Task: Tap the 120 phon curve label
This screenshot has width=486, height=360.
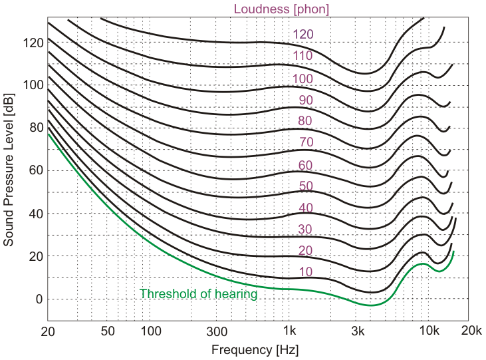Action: tap(303, 35)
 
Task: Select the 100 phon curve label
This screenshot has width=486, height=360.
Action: tap(303, 79)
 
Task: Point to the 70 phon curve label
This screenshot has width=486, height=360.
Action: tap(305, 142)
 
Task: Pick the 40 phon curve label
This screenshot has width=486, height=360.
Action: tap(305, 208)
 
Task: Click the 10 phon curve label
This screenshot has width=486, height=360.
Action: tap(305, 271)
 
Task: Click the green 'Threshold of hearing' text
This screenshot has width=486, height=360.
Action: tap(198, 293)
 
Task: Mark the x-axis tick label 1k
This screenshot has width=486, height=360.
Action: tap(289, 331)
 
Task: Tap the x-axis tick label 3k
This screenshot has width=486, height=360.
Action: tap(359, 331)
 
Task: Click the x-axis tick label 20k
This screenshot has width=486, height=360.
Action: tap(471, 331)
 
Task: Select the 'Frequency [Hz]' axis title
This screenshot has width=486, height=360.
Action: tap(254, 349)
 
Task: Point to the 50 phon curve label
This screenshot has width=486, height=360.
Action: tap(305, 186)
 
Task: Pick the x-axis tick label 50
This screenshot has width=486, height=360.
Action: tap(108, 331)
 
